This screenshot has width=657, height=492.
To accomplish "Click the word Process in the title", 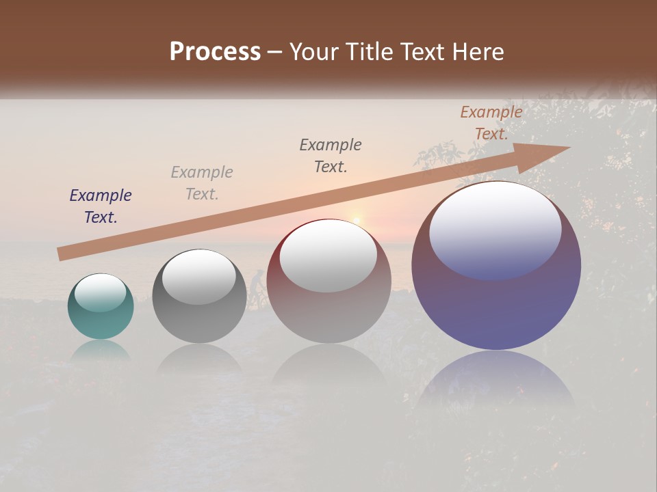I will tap(215, 52).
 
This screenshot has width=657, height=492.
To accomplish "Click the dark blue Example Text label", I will tap(101, 206).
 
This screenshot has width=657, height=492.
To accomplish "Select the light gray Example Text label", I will tap(202, 183).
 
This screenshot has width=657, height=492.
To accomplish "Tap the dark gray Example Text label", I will tap(331, 155).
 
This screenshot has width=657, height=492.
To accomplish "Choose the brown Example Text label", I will tap(491, 123).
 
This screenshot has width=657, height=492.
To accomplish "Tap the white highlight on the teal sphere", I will tap(101, 293).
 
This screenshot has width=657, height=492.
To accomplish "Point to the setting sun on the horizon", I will tap(356, 219).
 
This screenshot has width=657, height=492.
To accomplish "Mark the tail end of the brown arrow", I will tap(60, 254).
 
